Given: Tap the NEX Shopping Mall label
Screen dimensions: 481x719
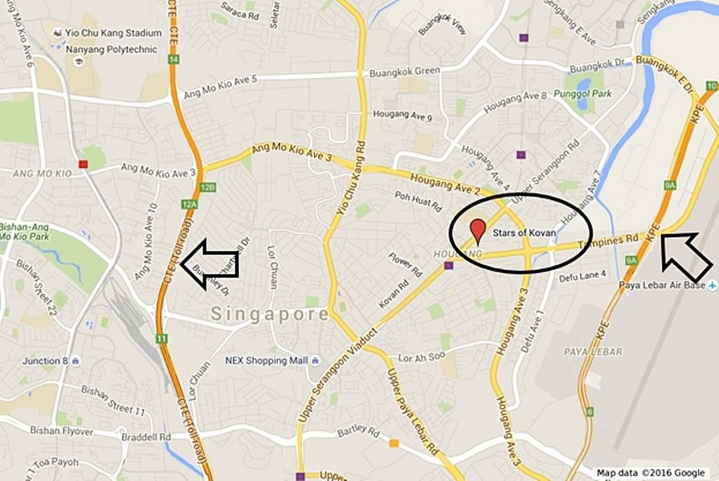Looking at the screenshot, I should tap(266, 361).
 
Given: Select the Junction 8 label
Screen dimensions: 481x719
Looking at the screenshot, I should tap(46, 361).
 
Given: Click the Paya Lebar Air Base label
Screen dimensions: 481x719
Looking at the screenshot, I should tap(661, 285).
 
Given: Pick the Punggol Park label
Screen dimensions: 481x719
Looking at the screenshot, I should tap(583, 93).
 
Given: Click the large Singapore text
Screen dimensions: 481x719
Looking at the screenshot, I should tap(270, 314).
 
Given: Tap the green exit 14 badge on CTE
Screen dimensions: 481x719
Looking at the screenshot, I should tap(173, 60).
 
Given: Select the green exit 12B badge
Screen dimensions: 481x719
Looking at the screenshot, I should tap(207, 187).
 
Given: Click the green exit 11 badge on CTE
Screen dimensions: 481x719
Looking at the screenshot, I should tap(162, 338).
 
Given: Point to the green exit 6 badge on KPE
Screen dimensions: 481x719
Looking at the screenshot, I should tap(590, 411).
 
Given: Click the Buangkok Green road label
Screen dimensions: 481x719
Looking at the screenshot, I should tap(404, 72).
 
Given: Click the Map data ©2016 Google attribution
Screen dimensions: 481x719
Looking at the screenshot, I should tap(651, 473).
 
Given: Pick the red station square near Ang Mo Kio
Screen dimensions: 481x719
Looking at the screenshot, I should tap(84, 164).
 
